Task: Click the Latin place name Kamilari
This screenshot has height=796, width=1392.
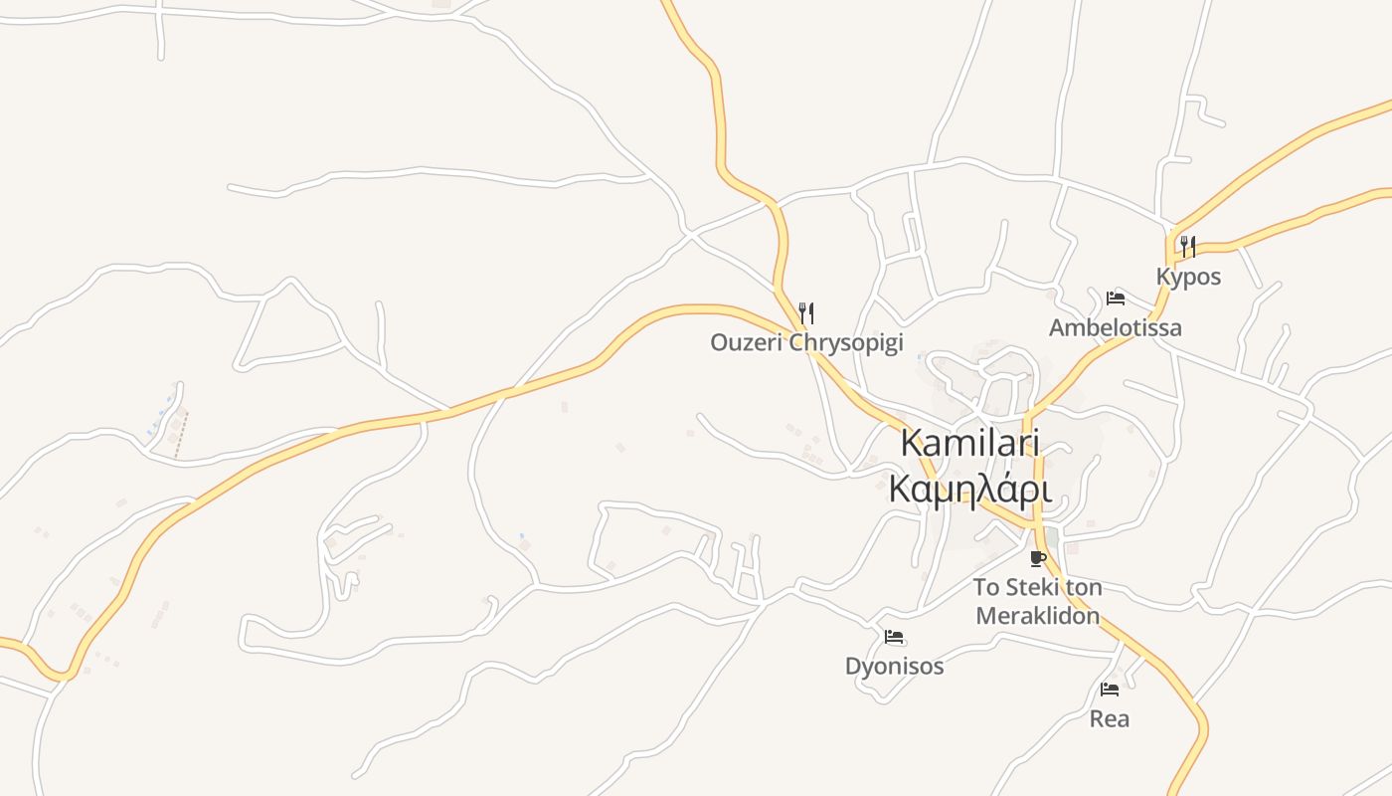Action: click(969, 444)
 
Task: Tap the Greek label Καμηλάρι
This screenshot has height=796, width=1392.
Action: click(969, 489)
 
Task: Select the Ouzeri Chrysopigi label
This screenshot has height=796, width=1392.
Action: click(806, 343)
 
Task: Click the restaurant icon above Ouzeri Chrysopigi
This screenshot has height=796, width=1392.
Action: click(806, 314)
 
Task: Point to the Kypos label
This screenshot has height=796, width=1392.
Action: click(1188, 277)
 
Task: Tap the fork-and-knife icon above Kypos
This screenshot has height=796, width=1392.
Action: click(1188, 246)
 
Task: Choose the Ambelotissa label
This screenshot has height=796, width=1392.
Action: click(1116, 327)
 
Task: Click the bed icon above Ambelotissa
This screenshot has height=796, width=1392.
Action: click(1116, 298)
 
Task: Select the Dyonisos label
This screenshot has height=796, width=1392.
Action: click(894, 667)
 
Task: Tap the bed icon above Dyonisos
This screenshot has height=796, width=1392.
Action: click(894, 637)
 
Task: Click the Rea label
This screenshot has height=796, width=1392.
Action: click(1110, 718)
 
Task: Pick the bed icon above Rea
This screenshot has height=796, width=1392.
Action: click(1110, 689)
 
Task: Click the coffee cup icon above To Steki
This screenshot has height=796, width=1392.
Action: click(1038, 558)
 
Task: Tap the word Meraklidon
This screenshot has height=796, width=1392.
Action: click(1038, 616)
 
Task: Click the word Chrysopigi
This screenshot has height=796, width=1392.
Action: click(846, 343)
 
